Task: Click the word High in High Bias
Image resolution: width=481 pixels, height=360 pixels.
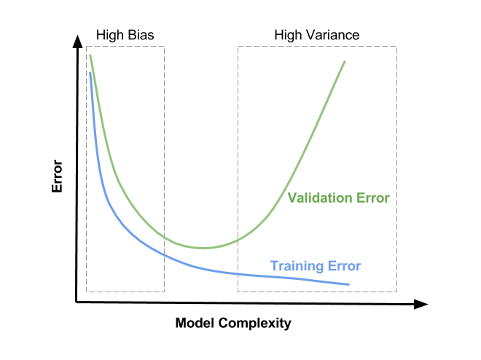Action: [111, 36]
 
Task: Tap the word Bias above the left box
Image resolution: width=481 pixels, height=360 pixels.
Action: [141, 35]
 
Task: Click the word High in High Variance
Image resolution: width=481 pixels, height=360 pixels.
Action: [289, 36]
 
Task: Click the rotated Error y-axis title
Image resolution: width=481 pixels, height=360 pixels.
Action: [57, 176]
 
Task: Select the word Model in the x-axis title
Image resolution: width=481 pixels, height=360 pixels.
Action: [195, 323]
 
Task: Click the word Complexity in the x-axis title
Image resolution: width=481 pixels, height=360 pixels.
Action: [254, 324]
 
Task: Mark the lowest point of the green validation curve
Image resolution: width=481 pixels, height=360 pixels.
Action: [203, 248]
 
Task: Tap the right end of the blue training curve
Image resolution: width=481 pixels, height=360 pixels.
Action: [349, 284]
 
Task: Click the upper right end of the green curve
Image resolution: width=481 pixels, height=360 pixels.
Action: [345, 61]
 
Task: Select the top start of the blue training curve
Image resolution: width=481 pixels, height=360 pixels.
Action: [90, 72]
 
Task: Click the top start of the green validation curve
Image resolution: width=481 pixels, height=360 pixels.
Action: [90, 55]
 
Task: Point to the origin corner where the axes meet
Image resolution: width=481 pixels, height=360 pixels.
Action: [76, 302]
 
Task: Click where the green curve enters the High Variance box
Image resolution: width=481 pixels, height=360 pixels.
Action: [238, 240]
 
